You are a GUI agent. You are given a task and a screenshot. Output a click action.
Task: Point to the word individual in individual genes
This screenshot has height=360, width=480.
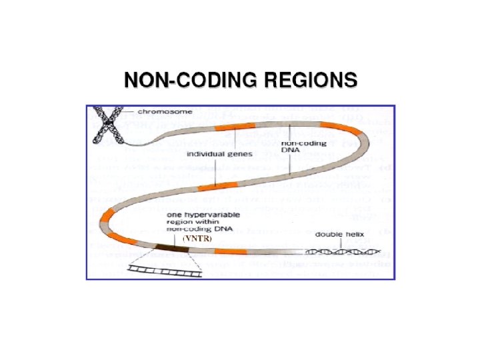[204, 154]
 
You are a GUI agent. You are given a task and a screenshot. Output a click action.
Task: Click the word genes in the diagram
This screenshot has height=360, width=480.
[239, 154]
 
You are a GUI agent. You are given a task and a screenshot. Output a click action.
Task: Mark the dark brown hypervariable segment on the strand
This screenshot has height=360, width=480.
[173, 248]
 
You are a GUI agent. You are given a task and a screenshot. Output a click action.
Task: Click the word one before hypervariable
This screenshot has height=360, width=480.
[173, 213]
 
